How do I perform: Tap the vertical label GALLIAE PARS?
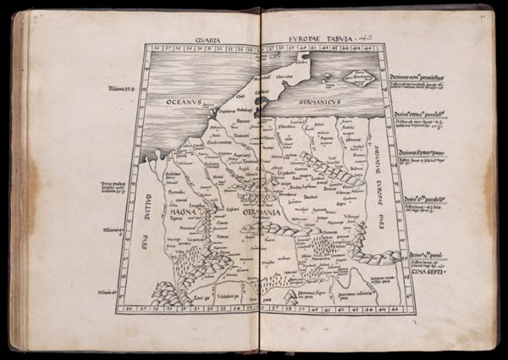point(138,224)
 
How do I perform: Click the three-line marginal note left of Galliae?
point(115,186)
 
